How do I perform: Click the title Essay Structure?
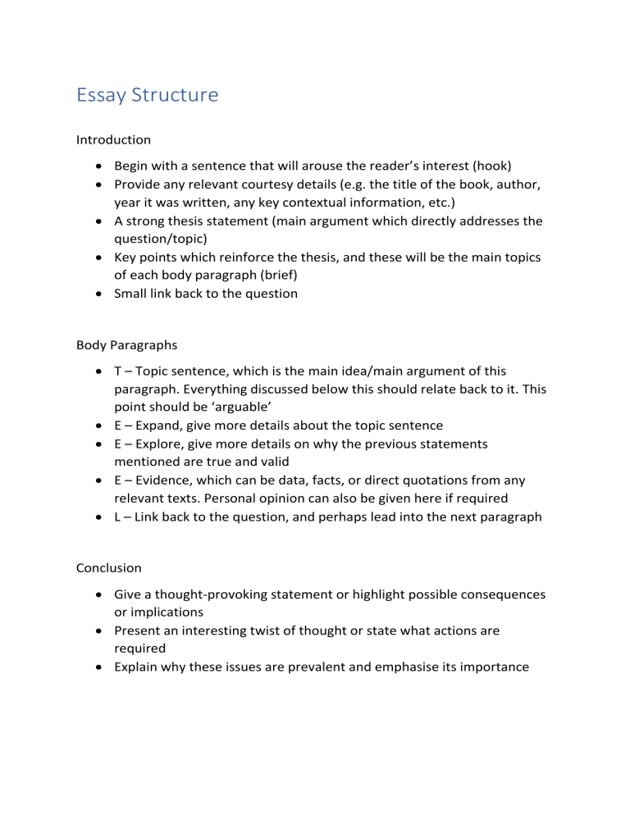pyautogui.click(x=147, y=95)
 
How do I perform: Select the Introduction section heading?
pyautogui.click(x=113, y=140)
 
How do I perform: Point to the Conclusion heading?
pyautogui.click(x=109, y=567)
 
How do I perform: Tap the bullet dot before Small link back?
pyautogui.click(x=96, y=294)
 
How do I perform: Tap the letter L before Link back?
pyautogui.click(x=118, y=518)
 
